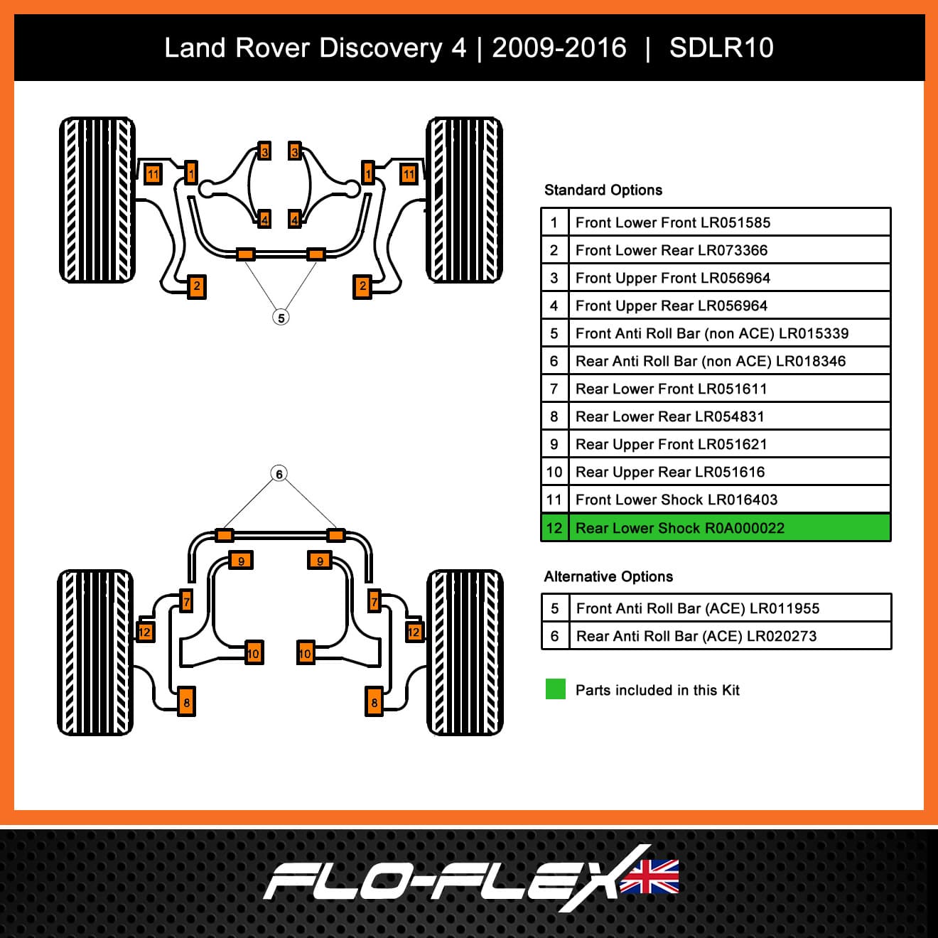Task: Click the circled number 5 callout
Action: pyautogui.click(x=281, y=318)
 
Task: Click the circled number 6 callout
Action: pyautogui.click(x=279, y=474)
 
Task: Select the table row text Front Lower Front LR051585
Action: pyautogui.click(x=672, y=222)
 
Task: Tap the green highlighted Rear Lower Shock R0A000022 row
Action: pyautogui.click(x=716, y=528)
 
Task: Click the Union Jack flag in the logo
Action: pyautogui.click(x=649, y=877)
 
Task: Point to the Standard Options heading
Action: pyautogui.click(x=603, y=190)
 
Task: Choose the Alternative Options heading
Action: pyautogui.click(x=608, y=576)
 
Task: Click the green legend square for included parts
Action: pyautogui.click(x=556, y=689)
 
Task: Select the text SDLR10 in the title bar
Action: pyautogui.click(x=721, y=48)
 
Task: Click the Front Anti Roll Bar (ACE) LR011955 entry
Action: pyautogui.click(x=698, y=608)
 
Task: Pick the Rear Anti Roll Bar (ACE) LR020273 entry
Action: pyautogui.click(x=696, y=636)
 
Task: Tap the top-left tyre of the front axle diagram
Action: pyautogui.click(x=97, y=200)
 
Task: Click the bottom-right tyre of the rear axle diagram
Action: pyautogui.click(x=465, y=652)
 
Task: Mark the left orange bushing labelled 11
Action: pyautogui.click(x=153, y=174)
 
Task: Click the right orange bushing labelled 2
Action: pyautogui.click(x=362, y=286)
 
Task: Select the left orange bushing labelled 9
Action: pyautogui.click(x=240, y=560)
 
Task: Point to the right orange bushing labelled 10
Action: pyautogui.click(x=306, y=653)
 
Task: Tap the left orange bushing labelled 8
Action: pyautogui.click(x=186, y=701)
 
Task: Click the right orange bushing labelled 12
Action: pyautogui.click(x=414, y=632)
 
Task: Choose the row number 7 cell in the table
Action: pyautogui.click(x=554, y=389)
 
